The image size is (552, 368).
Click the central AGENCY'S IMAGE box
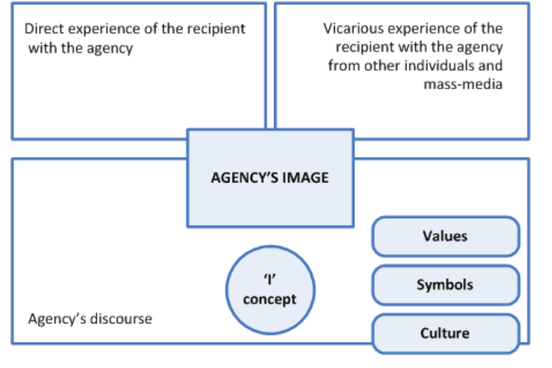pyautogui.click(x=269, y=178)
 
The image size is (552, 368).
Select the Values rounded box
pyautogui.click(x=445, y=236)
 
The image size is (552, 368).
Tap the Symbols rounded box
pyautogui.click(x=445, y=285)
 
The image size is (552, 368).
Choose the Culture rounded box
pyautogui.click(x=445, y=333)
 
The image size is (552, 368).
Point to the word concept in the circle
pyautogui.click(x=269, y=299)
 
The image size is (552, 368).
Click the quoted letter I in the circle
pyautogui.click(x=269, y=282)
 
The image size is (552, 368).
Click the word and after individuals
pyautogui.click(x=491, y=66)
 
